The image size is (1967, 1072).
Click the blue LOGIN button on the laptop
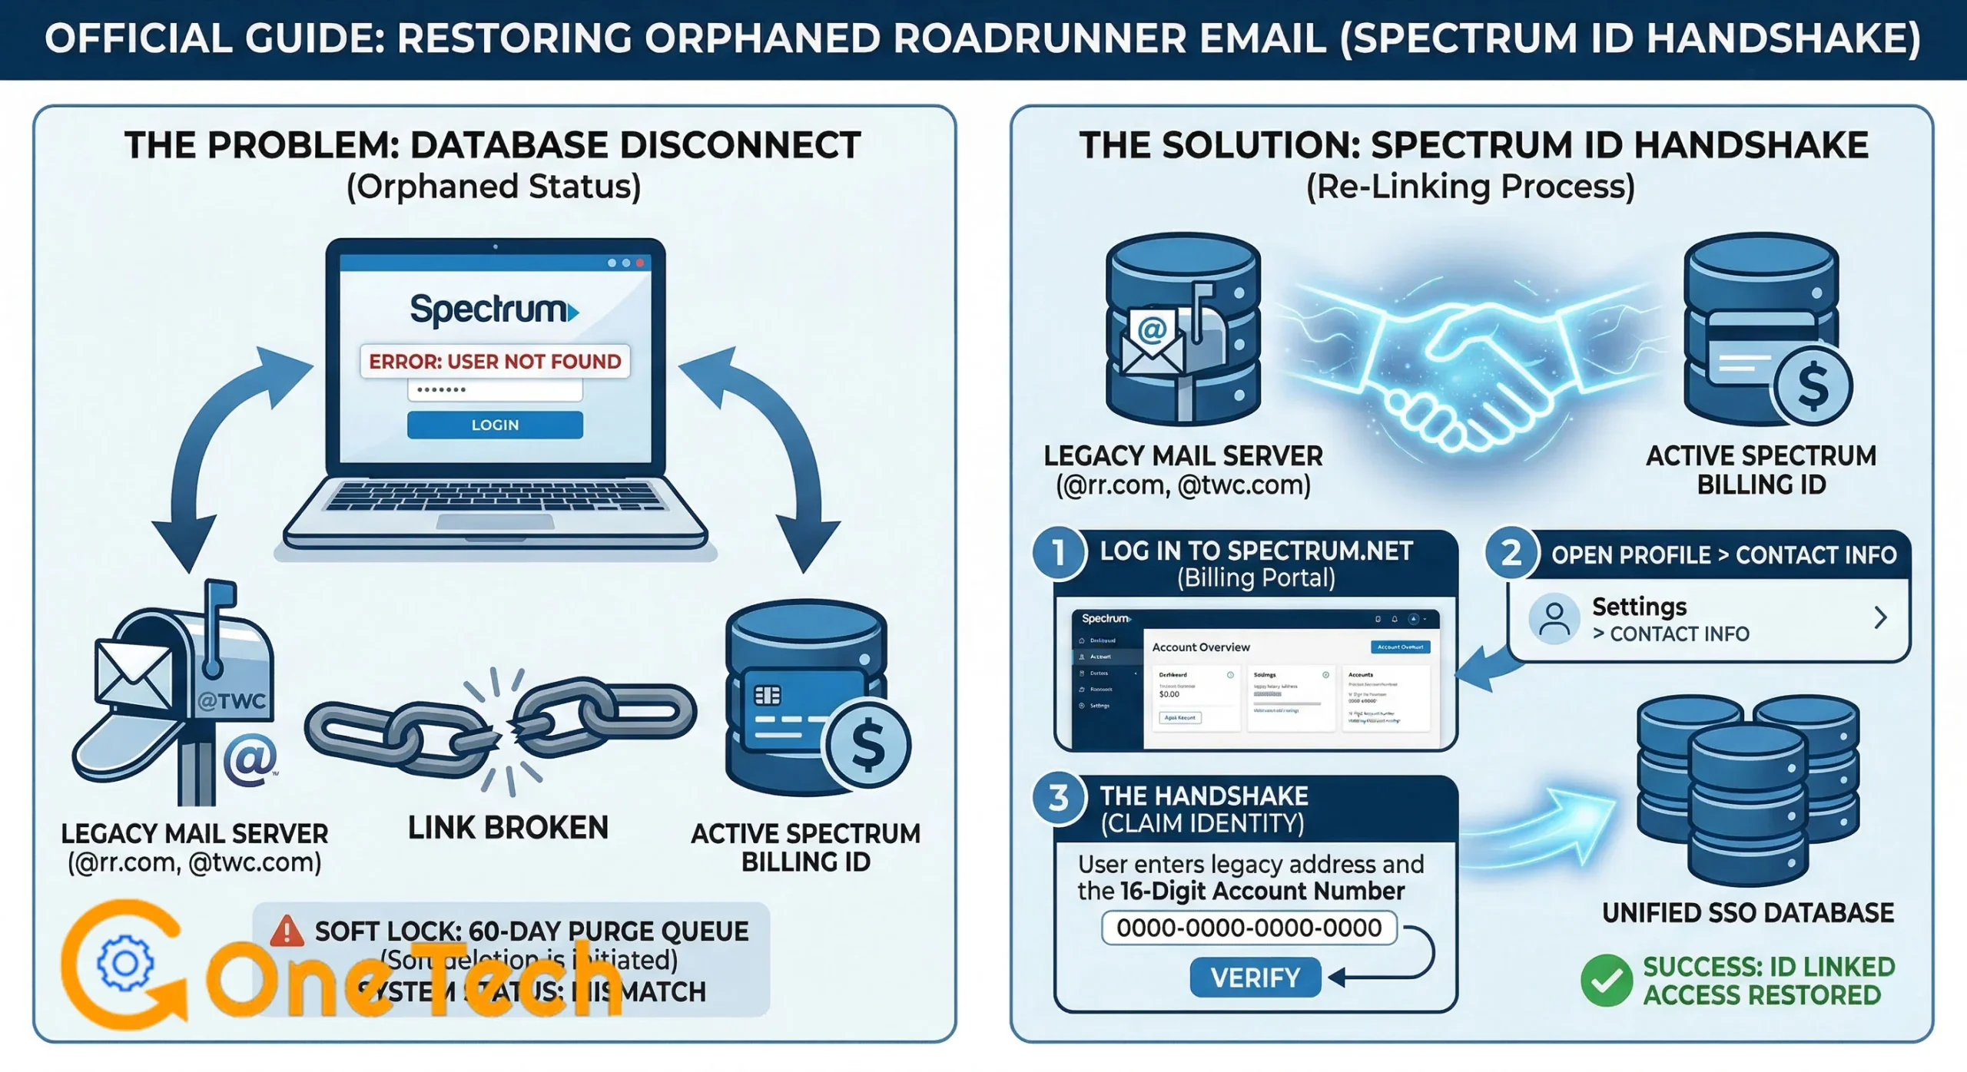495,425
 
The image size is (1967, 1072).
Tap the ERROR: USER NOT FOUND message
495,361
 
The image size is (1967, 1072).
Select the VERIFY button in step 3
1255,978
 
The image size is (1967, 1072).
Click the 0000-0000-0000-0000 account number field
1249,928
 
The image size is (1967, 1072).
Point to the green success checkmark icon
1606,981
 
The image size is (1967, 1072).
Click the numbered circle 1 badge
1059,552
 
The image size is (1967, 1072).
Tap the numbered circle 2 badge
1511,553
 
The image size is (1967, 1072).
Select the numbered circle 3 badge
1059,799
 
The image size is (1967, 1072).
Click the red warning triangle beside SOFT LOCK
287,931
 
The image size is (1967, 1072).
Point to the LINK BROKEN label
508,828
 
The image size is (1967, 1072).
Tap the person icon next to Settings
1554,619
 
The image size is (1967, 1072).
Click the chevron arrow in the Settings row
1880,617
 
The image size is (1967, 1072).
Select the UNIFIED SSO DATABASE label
1747,913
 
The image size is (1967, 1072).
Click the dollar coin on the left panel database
867,745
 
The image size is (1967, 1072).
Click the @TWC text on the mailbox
231,701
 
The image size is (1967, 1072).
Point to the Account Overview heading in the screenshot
1200,647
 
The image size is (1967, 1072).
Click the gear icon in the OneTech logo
124,963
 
